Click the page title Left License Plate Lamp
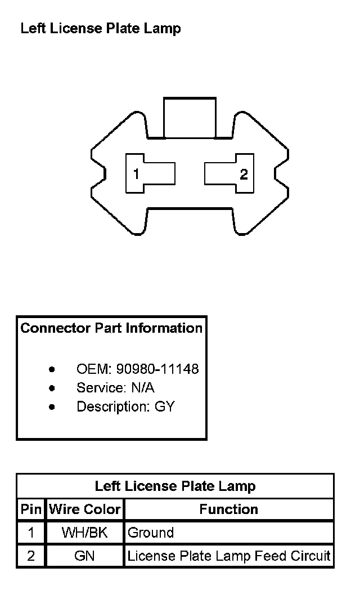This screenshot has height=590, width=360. tap(101, 29)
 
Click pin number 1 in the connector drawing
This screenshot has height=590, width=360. tap(136, 174)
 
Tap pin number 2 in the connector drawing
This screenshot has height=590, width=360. tap(244, 174)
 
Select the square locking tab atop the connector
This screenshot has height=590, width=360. tap(190, 117)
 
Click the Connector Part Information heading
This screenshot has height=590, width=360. tap(111, 328)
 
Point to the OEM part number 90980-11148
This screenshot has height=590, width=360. tap(157, 369)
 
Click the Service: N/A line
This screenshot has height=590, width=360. tap(115, 388)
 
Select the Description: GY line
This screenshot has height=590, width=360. tap(125, 406)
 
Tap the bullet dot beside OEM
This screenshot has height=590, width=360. tap(52, 370)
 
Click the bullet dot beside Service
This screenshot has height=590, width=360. tap(52, 388)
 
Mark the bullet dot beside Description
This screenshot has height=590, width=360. tap(52, 407)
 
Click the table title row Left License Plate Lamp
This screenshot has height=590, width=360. tap(175, 486)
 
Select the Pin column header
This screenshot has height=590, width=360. tap(31, 509)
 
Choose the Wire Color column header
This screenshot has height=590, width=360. tap(85, 509)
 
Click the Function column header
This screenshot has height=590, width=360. tap(228, 509)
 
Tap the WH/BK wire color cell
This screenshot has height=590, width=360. tap(85, 533)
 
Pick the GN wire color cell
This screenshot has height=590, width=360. tap(85, 556)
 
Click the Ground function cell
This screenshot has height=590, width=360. tap(151, 533)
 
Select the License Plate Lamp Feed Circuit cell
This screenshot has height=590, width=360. tap(228, 556)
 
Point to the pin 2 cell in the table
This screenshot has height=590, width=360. tap(31, 556)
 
